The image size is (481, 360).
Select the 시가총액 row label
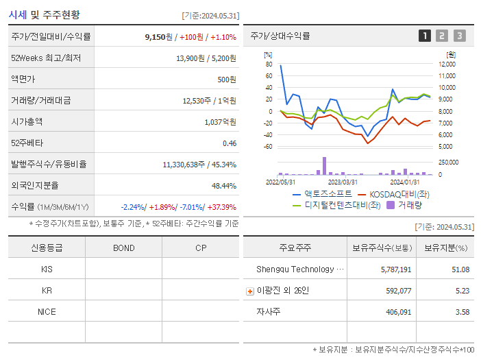click(x=27, y=122)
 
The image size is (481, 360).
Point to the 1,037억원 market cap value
click(x=220, y=122)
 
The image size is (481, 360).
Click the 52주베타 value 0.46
click(x=229, y=143)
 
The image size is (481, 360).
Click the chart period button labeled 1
click(x=425, y=36)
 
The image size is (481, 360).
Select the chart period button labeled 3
click(x=459, y=36)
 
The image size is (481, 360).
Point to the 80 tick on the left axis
click(x=269, y=64)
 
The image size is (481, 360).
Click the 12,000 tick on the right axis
click(x=446, y=64)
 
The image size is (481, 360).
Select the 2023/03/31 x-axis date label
click(x=343, y=182)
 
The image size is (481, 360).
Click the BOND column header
click(x=123, y=248)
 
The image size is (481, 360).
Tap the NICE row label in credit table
click(x=47, y=311)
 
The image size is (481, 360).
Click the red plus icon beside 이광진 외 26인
click(x=250, y=291)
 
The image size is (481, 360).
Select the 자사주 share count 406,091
click(x=396, y=312)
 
